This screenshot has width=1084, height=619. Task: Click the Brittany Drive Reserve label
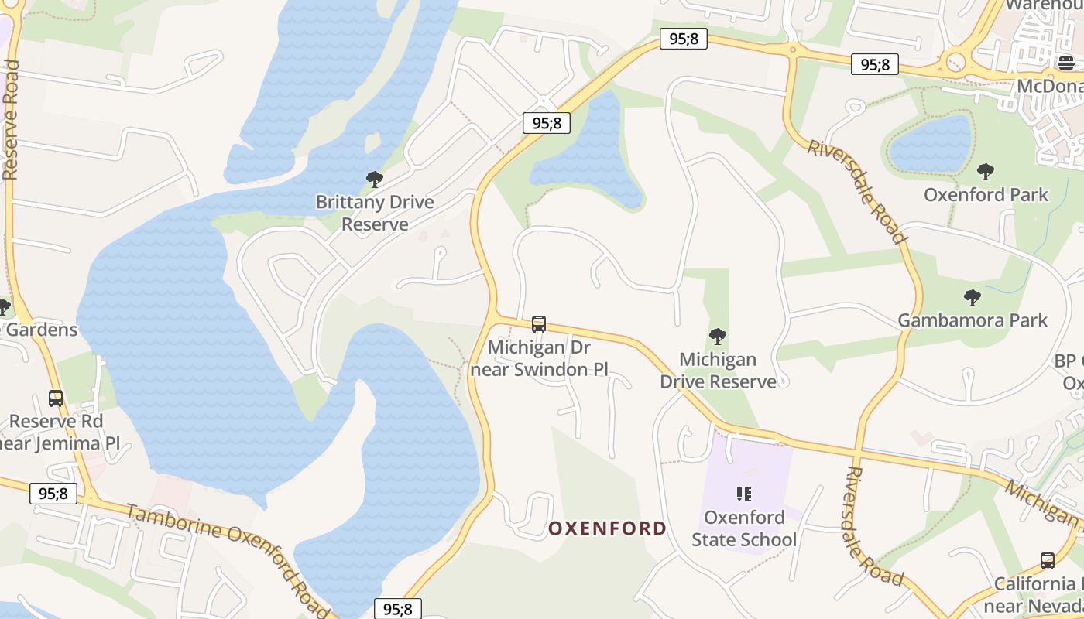click(x=375, y=213)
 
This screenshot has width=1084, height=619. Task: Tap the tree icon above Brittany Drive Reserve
click(x=375, y=180)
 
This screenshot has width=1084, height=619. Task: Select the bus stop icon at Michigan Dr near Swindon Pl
click(x=539, y=324)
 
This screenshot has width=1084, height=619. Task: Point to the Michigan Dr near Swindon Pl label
click(x=539, y=358)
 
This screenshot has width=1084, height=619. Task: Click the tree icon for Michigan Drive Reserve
click(x=718, y=337)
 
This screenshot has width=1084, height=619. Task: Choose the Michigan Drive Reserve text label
click(x=718, y=371)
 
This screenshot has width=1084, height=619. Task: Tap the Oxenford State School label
click(x=744, y=528)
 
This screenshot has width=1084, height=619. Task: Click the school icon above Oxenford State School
click(x=744, y=494)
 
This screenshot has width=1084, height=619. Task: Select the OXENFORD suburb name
click(x=607, y=528)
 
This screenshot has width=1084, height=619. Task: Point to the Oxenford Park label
click(x=986, y=195)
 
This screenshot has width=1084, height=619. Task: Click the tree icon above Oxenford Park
click(x=986, y=171)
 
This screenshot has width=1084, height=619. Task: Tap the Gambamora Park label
click(x=973, y=320)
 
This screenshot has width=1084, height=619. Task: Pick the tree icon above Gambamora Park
click(x=973, y=297)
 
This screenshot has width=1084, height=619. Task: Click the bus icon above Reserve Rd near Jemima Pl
click(x=56, y=398)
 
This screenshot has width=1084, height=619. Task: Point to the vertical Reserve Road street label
click(x=10, y=120)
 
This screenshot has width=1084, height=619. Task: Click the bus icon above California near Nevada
click(x=1048, y=561)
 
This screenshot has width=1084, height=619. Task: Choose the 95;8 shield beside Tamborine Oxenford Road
click(x=53, y=493)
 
